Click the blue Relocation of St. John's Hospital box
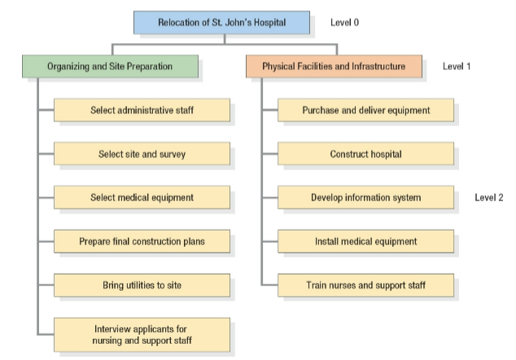pos(221,23)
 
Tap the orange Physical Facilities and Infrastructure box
pos(333,67)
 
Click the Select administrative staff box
pos(142,110)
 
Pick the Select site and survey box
pos(142,154)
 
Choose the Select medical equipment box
pos(142,197)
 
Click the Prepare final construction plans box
pos(142,241)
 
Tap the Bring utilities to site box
pos(142,285)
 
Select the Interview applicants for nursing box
pos(142,334)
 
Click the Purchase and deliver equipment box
pos(365,110)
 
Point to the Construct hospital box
pos(365,154)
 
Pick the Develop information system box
pos(365,197)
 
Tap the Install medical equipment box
pos(365,241)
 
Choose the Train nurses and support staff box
pos(365,285)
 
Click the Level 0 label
pos(344,22)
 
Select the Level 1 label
pos(457,66)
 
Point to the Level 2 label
pos(489,197)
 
